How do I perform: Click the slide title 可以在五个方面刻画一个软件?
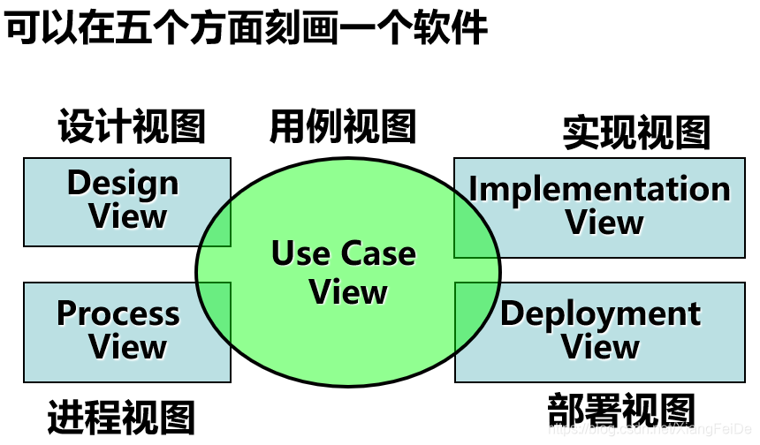click(x=247, y=30)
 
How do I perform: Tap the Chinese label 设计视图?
click(x=132, y=127)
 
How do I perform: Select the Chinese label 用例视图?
click(x=343, y=126)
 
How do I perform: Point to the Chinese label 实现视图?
click(x=636, y=132)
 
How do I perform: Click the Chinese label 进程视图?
click(x=121, y=416)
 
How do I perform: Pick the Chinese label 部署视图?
click(x=621, y=411)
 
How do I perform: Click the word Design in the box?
click(x=123, y=184)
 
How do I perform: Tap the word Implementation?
click(x=599, y=190)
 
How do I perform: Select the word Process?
click(x=118, y=313)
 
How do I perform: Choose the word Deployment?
click(x=600, y=313)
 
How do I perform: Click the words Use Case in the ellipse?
click(x=344, y=254)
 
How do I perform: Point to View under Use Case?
click(x=348, y=292)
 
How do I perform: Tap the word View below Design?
click(x=128, y=216)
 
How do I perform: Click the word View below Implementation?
click(x=604, y=222)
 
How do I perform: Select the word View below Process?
click(x=128, y=347)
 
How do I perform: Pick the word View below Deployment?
click(x=601, y=347)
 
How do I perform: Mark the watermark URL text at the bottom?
click(x=650, y=429)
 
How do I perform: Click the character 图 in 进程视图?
click(x=177, y=416)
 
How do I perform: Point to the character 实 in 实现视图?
click(x=581, y=132)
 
